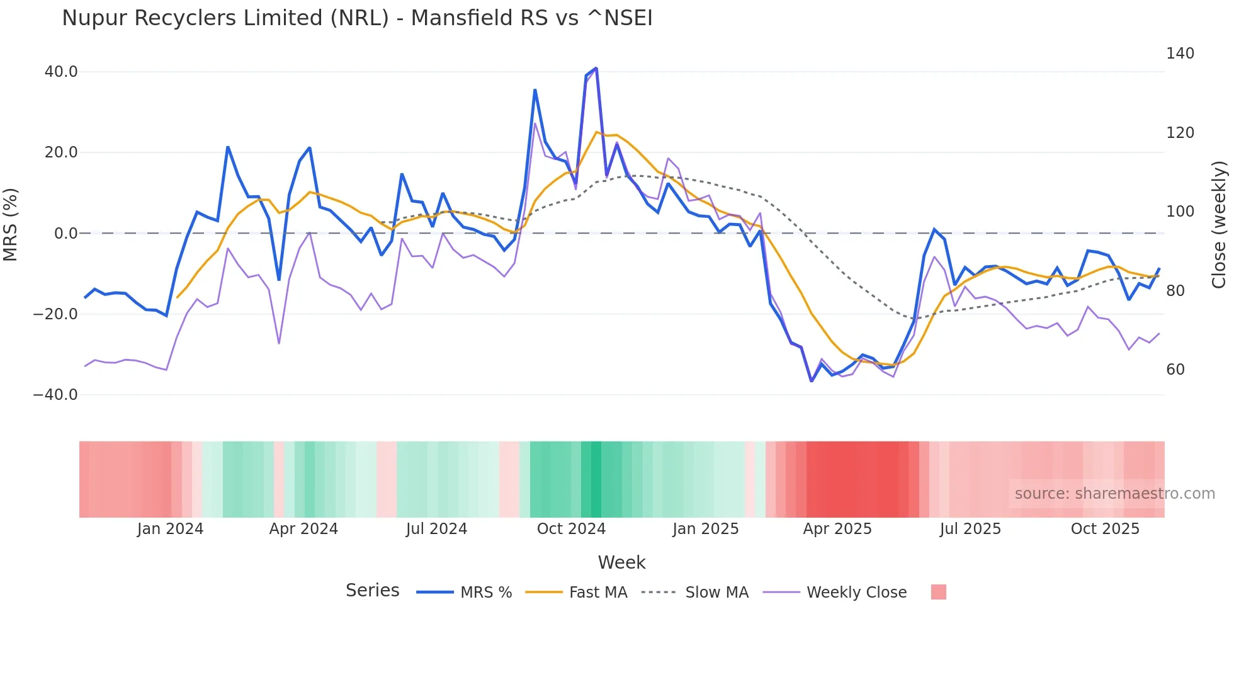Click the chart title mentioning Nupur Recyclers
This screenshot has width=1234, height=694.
click(x=357, y=18)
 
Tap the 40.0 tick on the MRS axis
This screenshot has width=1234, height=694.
click(x=61, y=72)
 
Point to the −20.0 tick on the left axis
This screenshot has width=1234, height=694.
click(x=55, y=314)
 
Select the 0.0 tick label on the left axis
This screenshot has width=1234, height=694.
click(x=66, y=234)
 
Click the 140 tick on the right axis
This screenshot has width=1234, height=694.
click(x=1180, y=54)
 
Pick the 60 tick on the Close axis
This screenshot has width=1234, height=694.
click(x=1175, y=370)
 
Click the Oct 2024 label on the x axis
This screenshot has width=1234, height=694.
click(x=571, y=529)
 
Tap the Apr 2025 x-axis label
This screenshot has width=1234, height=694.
click(x=837, y=529)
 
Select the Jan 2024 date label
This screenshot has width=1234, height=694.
click(x=170, y=529)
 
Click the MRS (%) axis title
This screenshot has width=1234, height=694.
click(x=11, y=224)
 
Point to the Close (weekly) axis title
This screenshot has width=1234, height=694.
click(x=1219, y=224)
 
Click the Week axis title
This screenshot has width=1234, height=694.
click(x=621, y=562)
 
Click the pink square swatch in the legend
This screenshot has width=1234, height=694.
click(x=938, y=592)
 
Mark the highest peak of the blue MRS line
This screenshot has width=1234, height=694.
click(x=596, y=68)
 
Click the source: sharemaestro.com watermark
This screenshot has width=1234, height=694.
click(x=1114, y=494)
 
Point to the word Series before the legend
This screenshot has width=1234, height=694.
click(x=372, y=591)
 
